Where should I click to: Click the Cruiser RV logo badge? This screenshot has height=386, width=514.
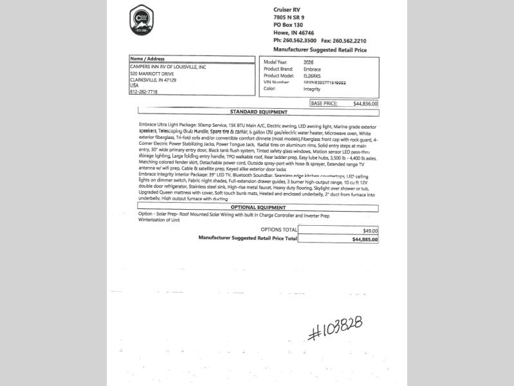141,20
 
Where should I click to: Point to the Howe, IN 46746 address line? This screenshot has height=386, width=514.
295,32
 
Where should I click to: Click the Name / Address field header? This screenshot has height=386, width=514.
147,59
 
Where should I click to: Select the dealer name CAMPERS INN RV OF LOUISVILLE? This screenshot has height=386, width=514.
168,66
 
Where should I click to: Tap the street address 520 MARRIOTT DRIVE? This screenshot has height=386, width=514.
152,73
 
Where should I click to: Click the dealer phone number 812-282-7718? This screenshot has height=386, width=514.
143,91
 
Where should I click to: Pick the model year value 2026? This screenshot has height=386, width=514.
310,62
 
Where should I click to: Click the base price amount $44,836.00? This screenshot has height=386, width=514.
365,103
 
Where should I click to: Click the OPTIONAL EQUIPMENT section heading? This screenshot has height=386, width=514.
258,207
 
